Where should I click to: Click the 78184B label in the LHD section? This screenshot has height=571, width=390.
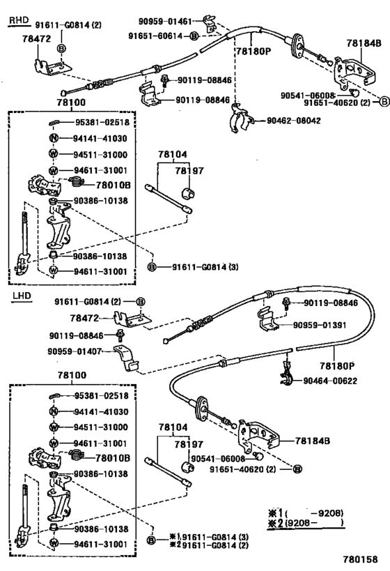[x=311, y=441]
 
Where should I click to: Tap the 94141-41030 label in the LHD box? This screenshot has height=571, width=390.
[x=101, y=412]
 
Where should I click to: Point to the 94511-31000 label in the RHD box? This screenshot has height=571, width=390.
[x=101, y=154]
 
